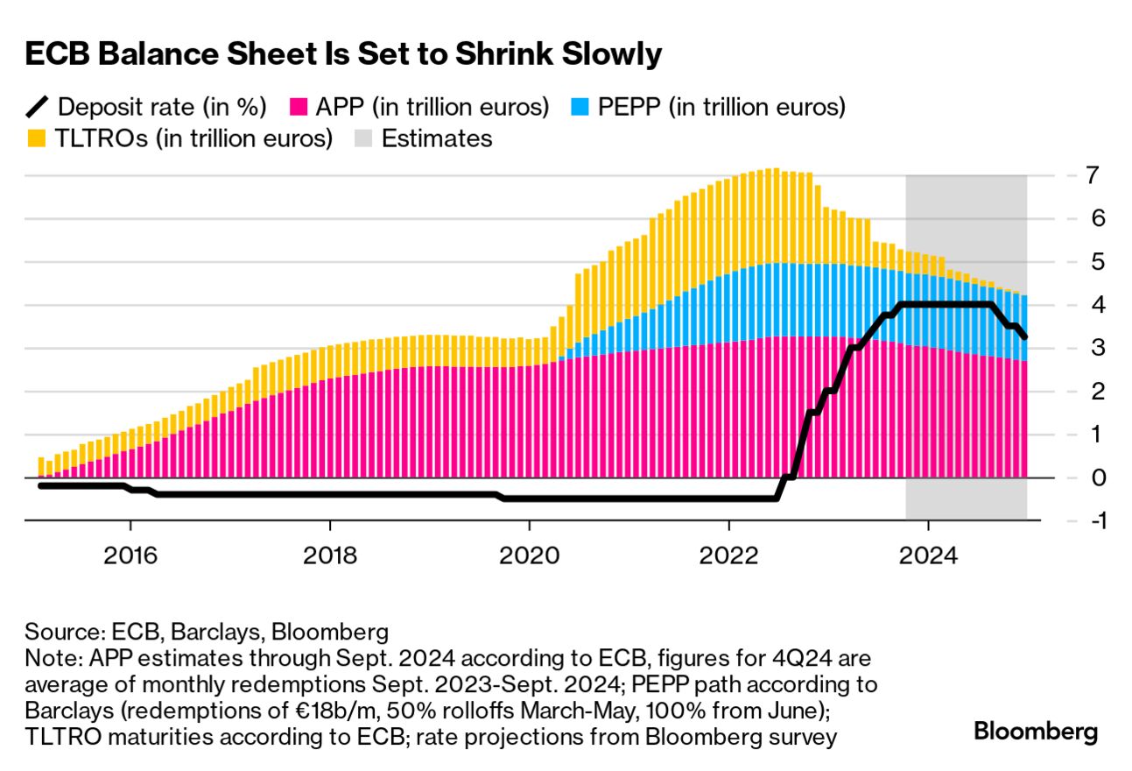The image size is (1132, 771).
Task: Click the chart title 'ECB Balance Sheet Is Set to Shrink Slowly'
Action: tap(342, 54)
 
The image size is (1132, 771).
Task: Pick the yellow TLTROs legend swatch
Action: tap(36, 138)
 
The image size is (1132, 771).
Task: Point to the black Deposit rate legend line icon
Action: tap(36, 108)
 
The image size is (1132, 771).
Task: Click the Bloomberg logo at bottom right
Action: tap(1036, 732)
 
